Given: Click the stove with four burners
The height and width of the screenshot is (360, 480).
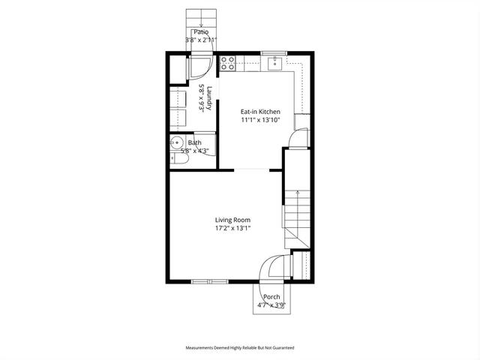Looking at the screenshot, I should pos(228,64).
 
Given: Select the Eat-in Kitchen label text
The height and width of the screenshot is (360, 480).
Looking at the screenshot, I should pos(260,112).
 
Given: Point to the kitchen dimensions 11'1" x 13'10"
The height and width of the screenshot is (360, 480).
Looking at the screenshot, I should pos(260,120).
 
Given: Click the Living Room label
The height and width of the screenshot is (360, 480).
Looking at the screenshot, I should pos(232,220).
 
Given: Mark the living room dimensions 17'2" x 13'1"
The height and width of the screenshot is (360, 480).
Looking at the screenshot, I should pos(232,228).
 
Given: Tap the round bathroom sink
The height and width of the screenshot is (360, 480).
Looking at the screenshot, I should pos(177,142).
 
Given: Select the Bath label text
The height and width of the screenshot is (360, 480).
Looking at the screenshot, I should pos(195,142).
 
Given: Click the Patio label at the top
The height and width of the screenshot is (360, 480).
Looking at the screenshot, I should pos(200,32).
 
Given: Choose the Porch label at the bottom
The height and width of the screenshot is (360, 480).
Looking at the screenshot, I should pos(271,297).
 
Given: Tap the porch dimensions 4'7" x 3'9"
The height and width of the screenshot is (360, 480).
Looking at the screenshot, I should pos(271,305).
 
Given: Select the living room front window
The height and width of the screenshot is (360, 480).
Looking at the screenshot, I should pos(210,281).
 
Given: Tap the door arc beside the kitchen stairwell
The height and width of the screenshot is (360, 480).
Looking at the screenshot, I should pos(300,137).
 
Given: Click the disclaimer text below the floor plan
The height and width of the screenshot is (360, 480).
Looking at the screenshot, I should pos(240,348).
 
